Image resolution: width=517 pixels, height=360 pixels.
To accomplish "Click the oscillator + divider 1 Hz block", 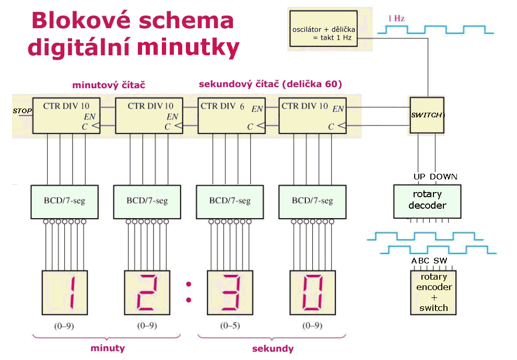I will [x=324, y=29].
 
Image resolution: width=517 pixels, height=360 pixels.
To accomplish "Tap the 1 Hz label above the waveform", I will [x=396, y=18].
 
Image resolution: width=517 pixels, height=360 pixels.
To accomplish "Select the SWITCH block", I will [x=427, y=115].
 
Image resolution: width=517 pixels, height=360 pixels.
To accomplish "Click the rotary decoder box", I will [x=427, y=200].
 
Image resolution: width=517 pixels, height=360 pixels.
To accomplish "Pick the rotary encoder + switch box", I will [x=433, y=293].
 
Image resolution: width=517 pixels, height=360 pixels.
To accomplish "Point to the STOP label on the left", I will [x=22, y=111].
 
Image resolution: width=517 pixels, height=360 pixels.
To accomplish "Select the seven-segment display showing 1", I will [x=65, y=292].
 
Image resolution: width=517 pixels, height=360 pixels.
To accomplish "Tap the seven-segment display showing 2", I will [x=148, y=292].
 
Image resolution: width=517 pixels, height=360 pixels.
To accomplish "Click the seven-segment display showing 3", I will [x=230, y=292].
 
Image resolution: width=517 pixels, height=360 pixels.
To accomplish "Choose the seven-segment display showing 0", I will [x=313, y=292].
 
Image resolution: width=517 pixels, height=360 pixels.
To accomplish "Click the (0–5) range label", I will [x=230, y=326].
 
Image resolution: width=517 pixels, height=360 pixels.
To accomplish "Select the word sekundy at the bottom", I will [x=273, y=349].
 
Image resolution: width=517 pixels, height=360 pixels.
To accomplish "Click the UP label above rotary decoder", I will [x=419, y=176].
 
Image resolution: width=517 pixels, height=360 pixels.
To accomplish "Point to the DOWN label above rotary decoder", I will [x=443, y=176].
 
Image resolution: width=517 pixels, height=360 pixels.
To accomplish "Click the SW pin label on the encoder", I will [x=440, y=261].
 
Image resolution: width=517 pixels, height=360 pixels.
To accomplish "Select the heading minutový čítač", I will [x=109, y=84].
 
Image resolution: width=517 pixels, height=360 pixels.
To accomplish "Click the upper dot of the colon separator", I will [x=189, y=284].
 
